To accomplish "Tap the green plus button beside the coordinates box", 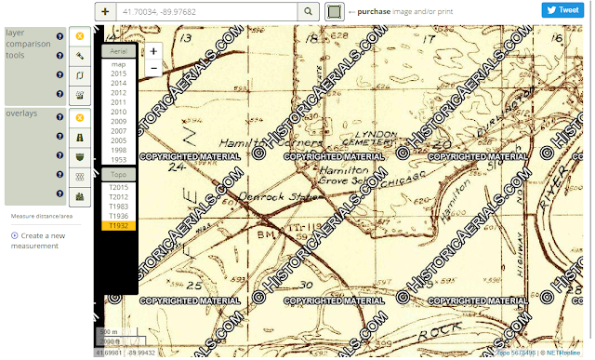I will (x=106, y=11).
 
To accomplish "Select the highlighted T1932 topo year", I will (x=118, y=225).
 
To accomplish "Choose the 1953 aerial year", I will (x=118, y=159).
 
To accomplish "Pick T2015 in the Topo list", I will (x=118, y=188).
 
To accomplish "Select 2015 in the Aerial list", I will (x=118, y=73).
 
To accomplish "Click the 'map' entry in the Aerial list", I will (x=118, y=63).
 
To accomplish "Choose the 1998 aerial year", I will (x=118, y=150).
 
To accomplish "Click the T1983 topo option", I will (x=118, y=207).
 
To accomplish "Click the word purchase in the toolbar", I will (x=375, y=11).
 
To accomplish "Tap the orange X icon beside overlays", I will (x=80, y=117).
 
